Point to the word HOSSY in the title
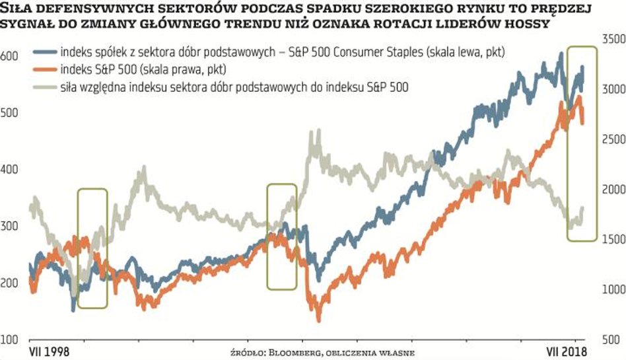(531, 24)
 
